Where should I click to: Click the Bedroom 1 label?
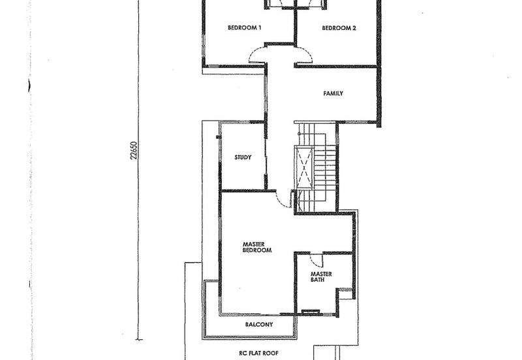(x=244, y=27)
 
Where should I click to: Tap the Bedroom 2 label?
(x=339, y=28)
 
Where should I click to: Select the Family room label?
(x=333, y=93)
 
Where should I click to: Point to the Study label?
(x=243, y=157)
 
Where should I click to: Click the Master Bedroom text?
(x=257, y=247)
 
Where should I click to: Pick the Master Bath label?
(x=321, y=277)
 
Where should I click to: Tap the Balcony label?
(x=259, y=324)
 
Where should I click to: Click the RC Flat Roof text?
(x=258, y=353)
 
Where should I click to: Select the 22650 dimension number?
(x=134, y=151)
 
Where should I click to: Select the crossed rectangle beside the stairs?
(x=304, y=168)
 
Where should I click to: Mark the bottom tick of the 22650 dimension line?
(x=139, y=340)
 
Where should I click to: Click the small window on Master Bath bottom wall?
(x=311, y=312)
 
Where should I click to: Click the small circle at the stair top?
(x=299, y=134)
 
